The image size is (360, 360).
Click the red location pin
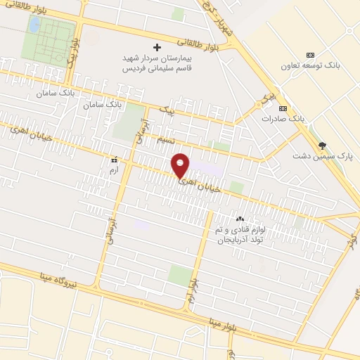click(181, 165)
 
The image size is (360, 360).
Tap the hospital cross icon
click(157, 48)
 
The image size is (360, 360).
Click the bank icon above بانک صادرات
click(283, 108)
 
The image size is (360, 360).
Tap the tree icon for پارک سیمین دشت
click(323, 146)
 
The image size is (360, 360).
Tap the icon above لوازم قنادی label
click(240, 217)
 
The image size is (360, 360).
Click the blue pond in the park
click(33, 25)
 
